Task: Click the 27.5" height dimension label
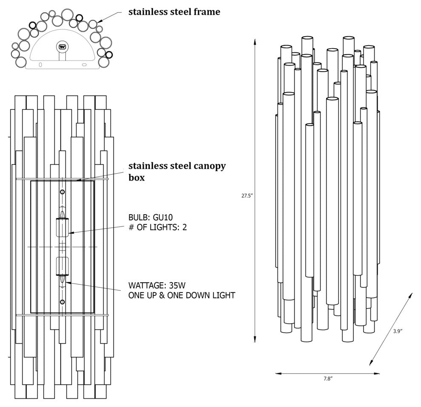[247, 196]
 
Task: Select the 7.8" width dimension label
[327, 378]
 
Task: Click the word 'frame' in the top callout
[205, 12]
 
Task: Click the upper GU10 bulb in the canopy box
[63, 226]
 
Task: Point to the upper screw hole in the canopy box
[63, 192]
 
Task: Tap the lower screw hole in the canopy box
[63, 302]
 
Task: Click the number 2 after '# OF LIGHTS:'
[185, 227]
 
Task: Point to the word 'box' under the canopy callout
[137, 178]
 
